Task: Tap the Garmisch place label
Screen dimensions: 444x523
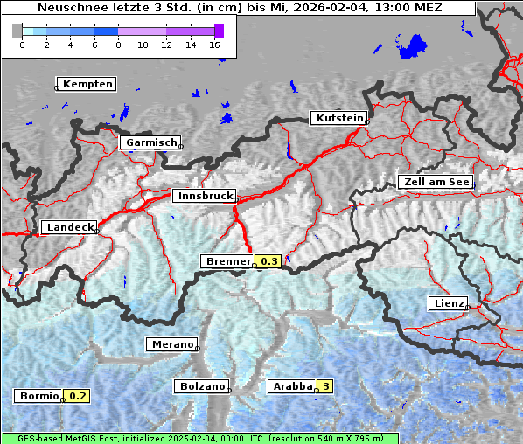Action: (151, 142)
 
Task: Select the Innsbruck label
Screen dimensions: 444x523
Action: (203, 197)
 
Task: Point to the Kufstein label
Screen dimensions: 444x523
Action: (338, 118)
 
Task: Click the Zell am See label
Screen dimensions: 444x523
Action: (435, 182)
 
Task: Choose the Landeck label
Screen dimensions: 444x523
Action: (69, 227)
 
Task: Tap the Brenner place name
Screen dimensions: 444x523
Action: (228, 261)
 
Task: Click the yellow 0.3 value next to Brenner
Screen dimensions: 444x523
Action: (269, 261)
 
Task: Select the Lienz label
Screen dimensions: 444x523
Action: (448, 303)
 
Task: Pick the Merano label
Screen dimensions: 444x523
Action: (171, 344)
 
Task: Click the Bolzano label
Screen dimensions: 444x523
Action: (202, 386)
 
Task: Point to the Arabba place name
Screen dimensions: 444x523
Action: (292, 386)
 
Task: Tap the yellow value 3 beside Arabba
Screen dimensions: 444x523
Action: (326, 386)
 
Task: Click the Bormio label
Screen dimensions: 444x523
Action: (38, 396)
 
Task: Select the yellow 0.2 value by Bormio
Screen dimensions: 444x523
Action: (78, 396)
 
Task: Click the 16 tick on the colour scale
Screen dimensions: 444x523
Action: (215, 44)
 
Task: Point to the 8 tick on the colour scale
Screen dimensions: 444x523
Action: (118, 44)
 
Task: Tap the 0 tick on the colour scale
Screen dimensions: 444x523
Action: (22, 44)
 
